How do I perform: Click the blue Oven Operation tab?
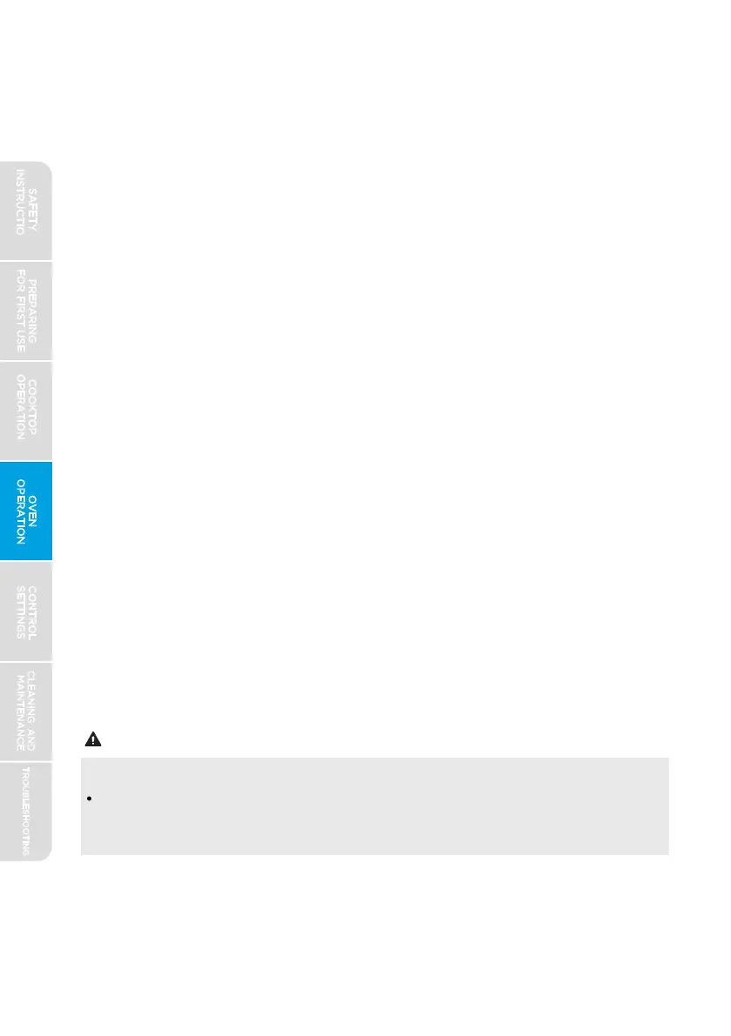coord(26,511)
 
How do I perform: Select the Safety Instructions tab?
coord(26,211)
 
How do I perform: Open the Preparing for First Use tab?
coord(26,311)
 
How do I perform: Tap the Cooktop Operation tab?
coord(26,411)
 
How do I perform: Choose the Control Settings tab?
coord(26,612)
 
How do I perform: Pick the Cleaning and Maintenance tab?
coord(26,712)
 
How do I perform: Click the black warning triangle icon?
coord(91,741)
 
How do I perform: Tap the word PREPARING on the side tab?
coord(33,311)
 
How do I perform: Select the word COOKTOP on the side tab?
coord(33,411)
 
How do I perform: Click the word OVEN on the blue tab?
coord(33,511)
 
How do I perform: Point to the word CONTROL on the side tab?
coord(33,612)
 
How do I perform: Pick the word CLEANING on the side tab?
coord(33,696)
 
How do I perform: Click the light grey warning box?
coord(374,805)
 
